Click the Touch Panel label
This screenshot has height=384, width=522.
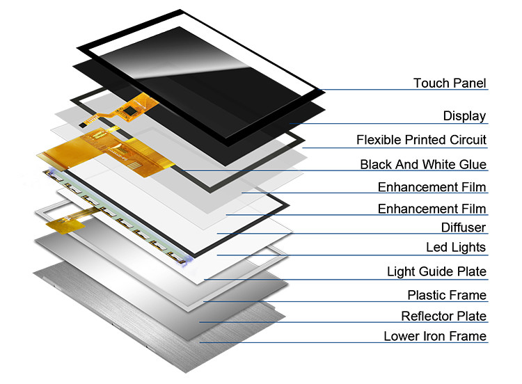click(450, 83)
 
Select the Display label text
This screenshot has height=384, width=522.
click(464, 115)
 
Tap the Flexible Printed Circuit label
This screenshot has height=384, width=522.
click(421, 140)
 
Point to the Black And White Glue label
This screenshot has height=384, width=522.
click(423, 164)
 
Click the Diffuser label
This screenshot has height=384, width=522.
click(464, 227)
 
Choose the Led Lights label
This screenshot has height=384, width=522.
click(456, 247)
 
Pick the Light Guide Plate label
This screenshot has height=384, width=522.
click(436, 271)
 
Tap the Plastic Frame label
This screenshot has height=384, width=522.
click(447, 295)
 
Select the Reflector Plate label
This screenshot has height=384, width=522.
click(443, 316)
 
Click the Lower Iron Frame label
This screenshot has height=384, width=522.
click(435, 336)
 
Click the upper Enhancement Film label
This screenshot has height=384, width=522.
click(432, 187)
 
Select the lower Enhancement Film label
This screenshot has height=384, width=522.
click(432, 209)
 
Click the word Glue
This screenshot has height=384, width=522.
click(473, 164)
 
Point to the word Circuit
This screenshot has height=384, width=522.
click(468, 140)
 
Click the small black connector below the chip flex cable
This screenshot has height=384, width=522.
click(82, 125)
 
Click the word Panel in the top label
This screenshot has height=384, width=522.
click(470, 83)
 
